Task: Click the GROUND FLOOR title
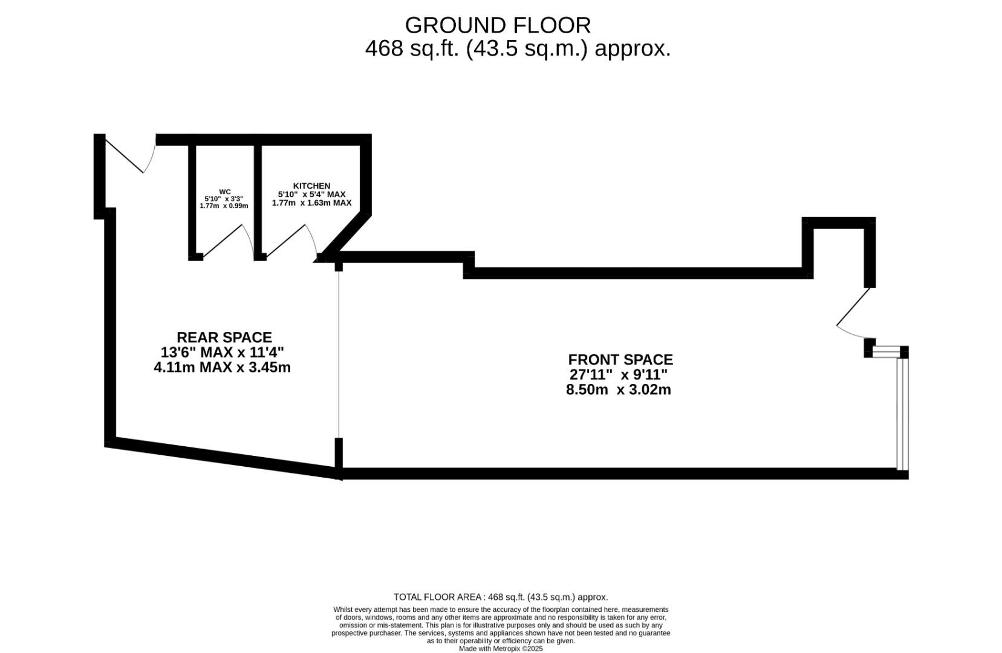498,25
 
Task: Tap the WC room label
224,192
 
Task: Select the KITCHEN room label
311,186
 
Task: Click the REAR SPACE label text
224,337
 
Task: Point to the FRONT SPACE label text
620,360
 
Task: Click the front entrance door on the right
853,308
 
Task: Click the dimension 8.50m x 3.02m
618,390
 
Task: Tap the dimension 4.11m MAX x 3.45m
222,368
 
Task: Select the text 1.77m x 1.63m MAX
311,203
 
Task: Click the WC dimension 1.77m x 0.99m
224,206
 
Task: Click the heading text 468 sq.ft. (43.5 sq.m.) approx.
518,48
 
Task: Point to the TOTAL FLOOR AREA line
500,597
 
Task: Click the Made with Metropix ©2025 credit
500,649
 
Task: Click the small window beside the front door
887,351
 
